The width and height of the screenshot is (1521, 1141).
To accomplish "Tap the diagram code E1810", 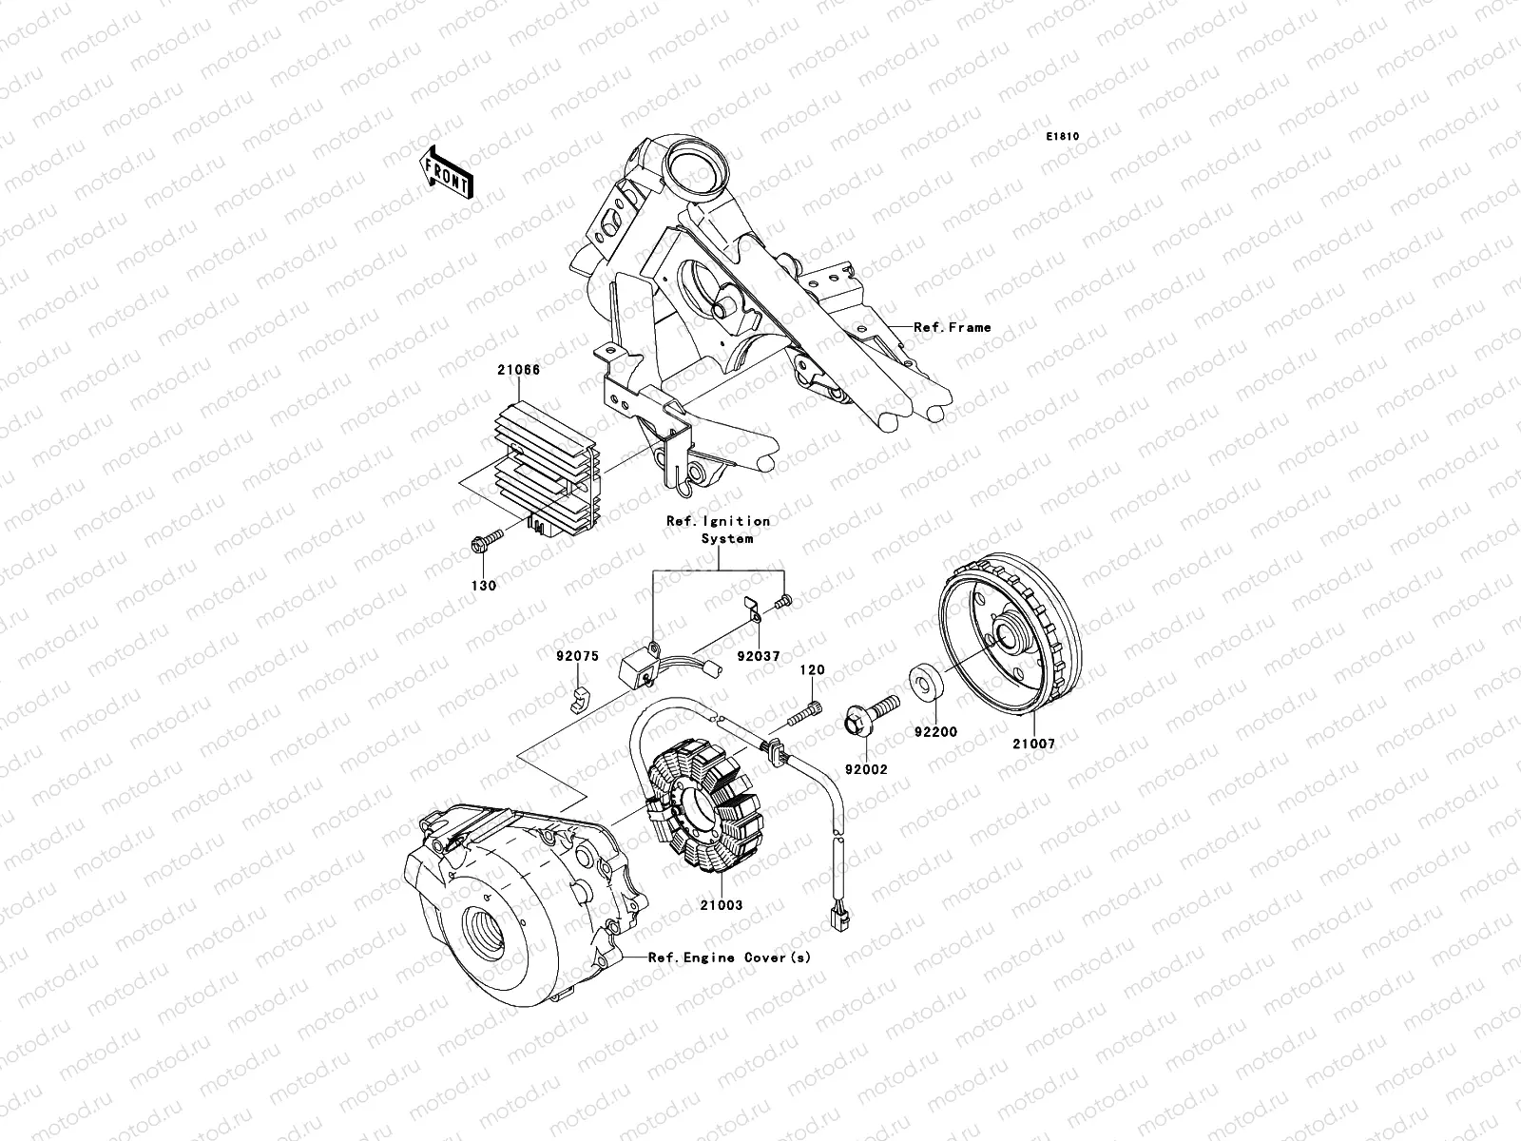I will [x=1063, y=137].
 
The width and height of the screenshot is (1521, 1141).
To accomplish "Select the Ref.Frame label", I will [x=952, y=327].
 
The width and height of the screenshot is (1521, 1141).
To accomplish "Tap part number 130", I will [x=484, y=587].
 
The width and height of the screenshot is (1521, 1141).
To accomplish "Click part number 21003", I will [x=722, y=906].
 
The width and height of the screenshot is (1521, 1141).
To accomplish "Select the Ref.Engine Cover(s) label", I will [x=729, y=957].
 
